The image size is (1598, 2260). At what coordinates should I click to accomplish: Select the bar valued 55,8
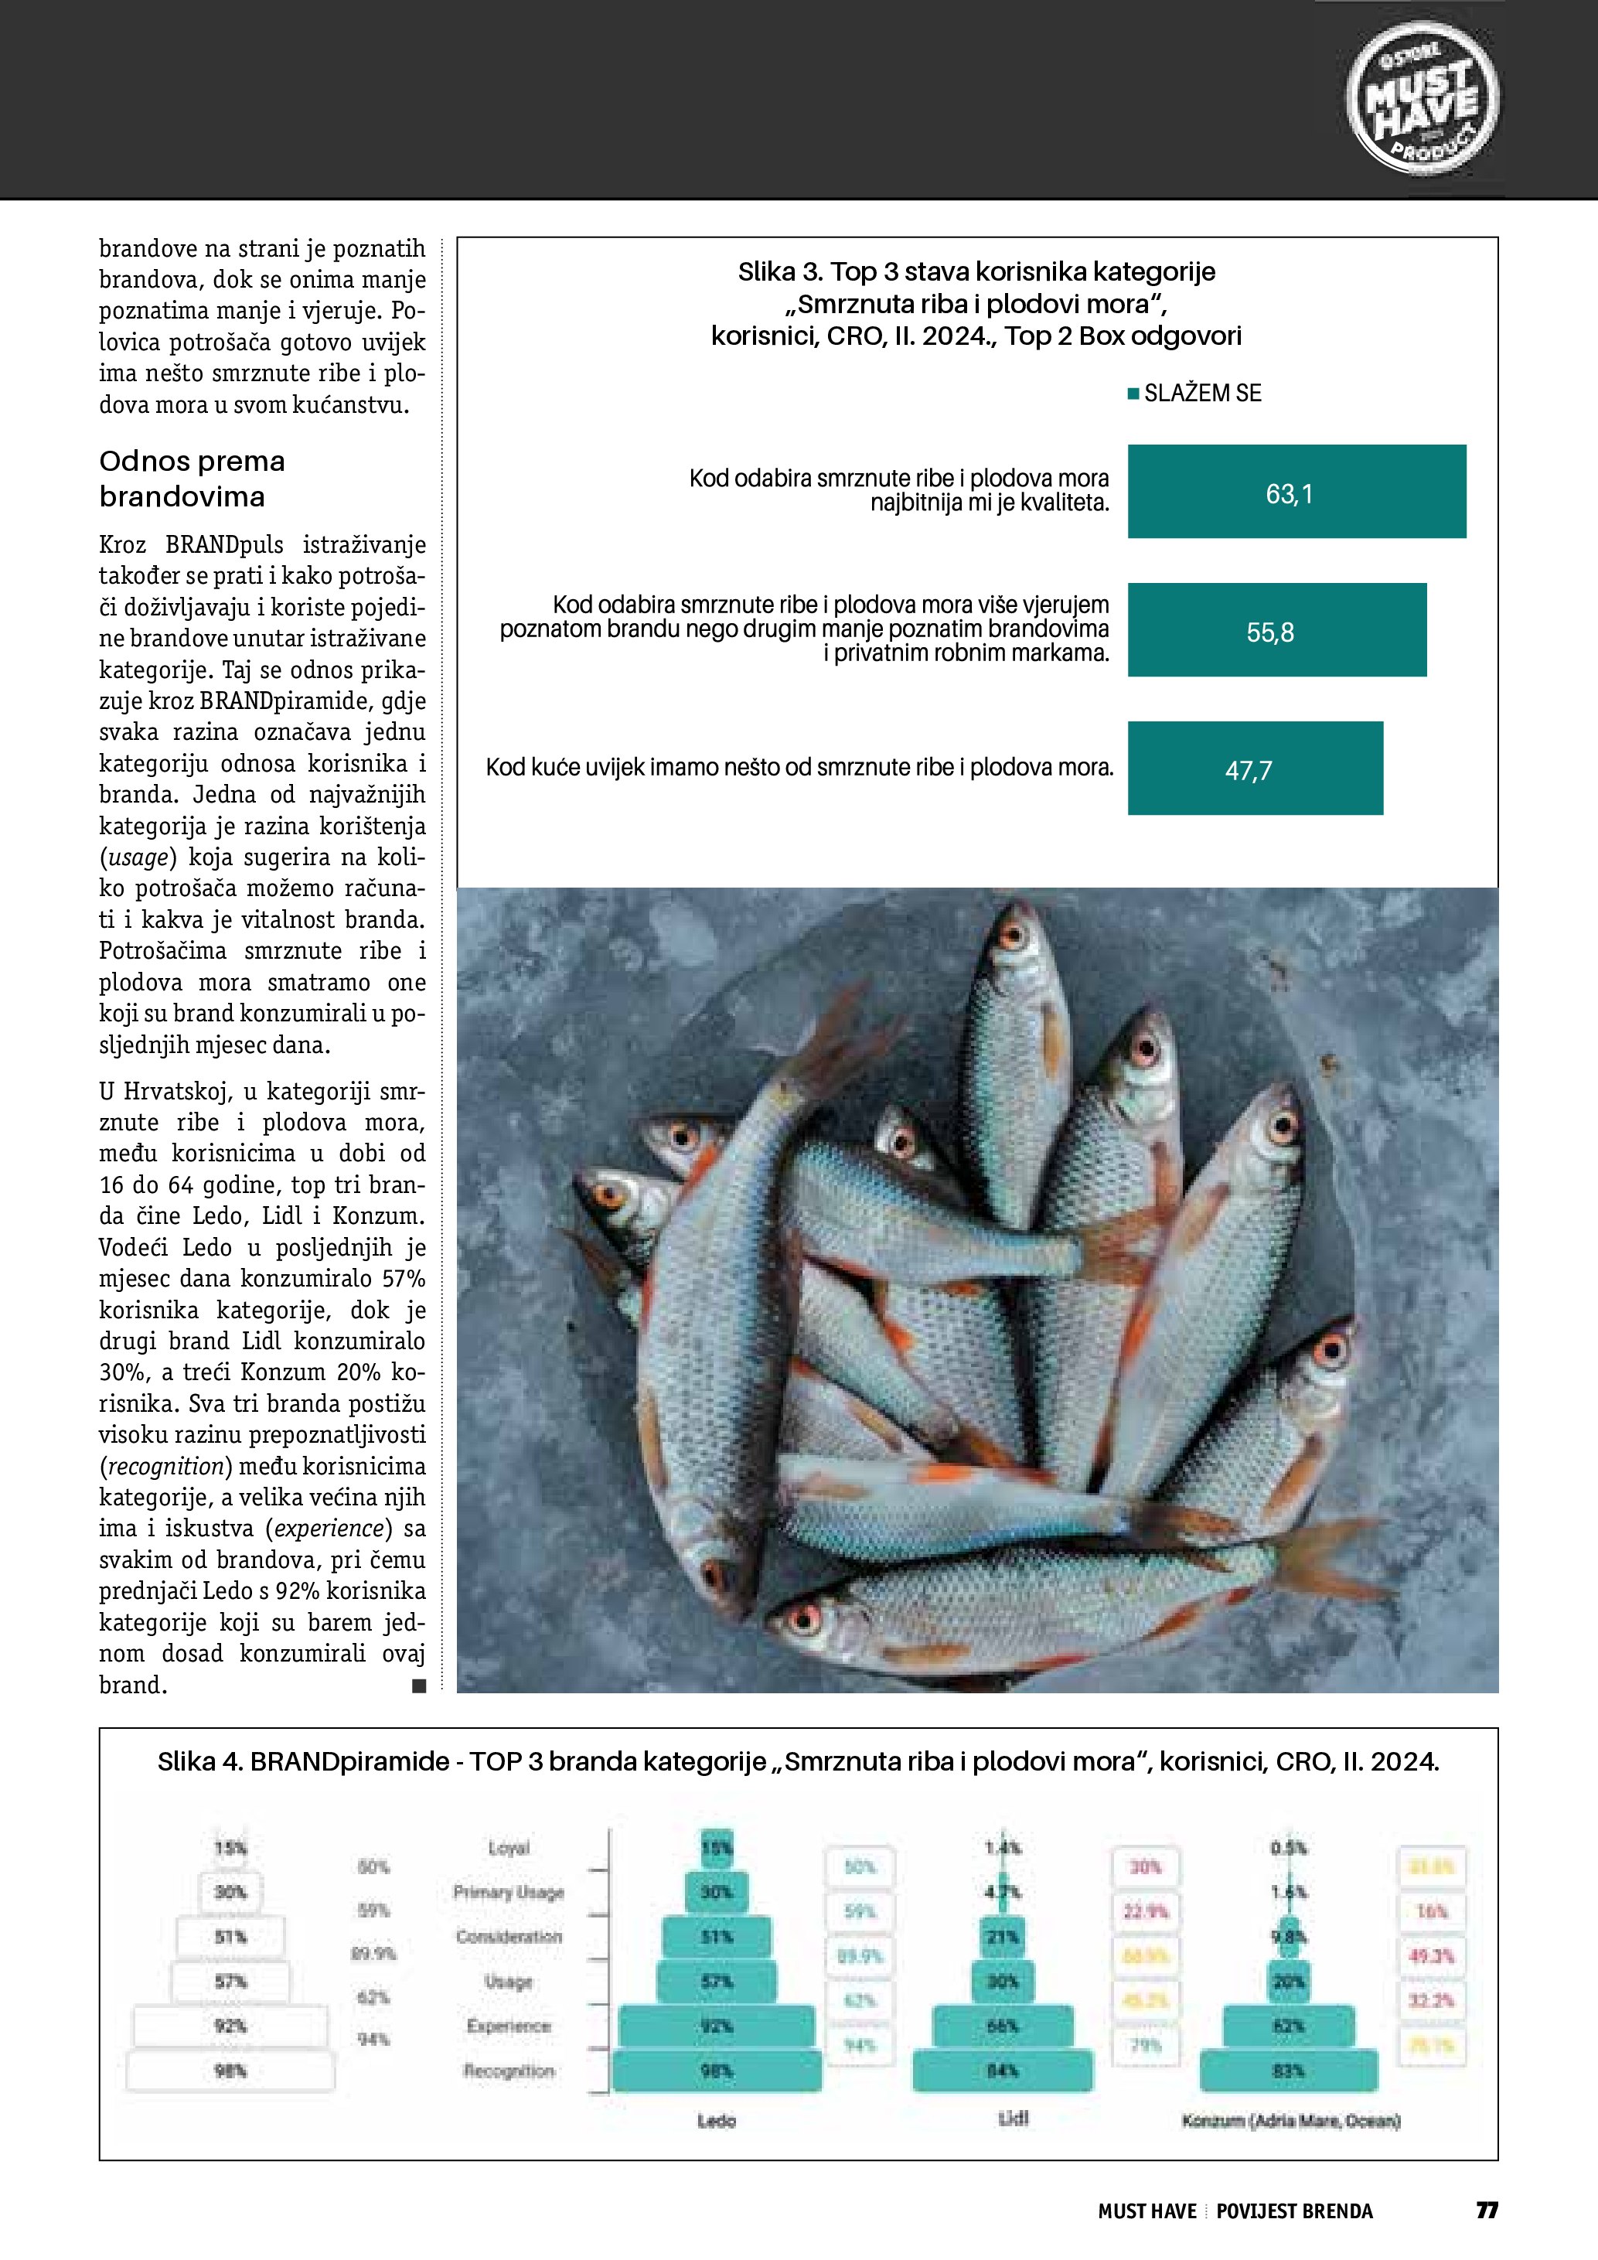coord(1276,630)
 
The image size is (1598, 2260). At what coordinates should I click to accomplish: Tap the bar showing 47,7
coord(1255,769)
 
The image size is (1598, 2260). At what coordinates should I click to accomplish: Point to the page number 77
coord(1487,2210)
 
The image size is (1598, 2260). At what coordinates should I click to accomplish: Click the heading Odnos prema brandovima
coord(192,479)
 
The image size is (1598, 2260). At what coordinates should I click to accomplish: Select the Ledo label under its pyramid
coord(717,2120)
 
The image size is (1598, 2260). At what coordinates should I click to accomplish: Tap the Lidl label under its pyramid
coord(1013,2119)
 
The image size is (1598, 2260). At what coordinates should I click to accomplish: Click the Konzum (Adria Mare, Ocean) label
coord(1290,2120)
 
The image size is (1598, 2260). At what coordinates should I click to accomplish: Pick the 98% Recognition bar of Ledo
coord(717,2071)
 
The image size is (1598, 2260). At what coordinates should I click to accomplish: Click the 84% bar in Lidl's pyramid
coord(1003,2071)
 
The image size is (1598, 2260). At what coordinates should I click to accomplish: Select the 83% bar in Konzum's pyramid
coord(1289,2071)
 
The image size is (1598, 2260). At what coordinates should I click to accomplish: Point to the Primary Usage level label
coord(508,1892)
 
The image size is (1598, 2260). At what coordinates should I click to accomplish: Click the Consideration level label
coord(508,1936)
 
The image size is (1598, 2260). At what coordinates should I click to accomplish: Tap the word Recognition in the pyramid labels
coord(509,2071)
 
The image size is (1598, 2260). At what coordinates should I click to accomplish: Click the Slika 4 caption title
coord(798,1762)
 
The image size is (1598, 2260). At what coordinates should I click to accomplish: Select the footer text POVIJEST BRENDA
coord(1294,2211)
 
